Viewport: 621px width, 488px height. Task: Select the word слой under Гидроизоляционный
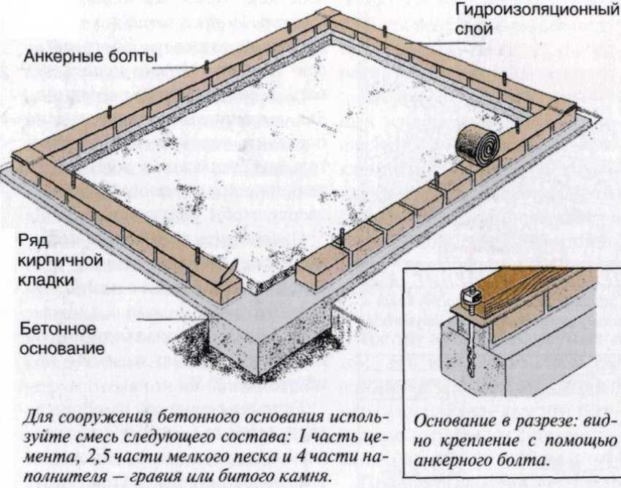[x=473, y=29]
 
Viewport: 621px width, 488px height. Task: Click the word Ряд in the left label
[x=34, y=241]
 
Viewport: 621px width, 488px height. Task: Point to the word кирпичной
[x=61, y=260]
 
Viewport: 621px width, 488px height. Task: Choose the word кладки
[x=46, y=280]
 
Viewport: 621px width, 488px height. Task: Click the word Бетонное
[x=58, y=329]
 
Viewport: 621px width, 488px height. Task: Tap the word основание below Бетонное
[x=62, y=349]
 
